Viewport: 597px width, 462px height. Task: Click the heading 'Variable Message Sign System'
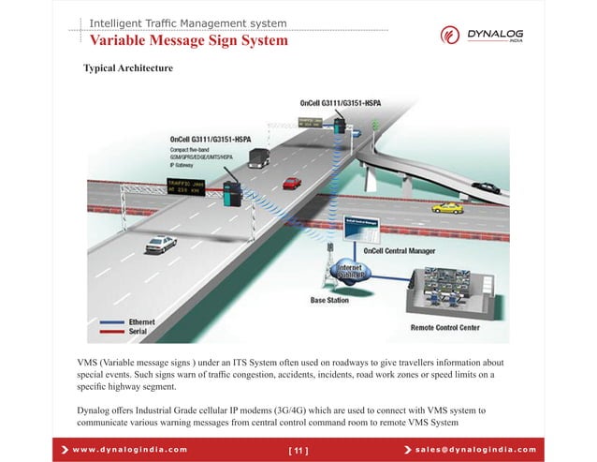point(188,41)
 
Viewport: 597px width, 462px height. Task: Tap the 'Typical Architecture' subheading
point(128,69)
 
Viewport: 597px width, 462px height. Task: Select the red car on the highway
point(292,184)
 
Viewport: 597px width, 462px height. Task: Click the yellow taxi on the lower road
point(448,207)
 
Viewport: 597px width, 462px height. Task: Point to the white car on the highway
point(160,244)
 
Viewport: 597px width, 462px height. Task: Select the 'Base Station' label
point(330,301)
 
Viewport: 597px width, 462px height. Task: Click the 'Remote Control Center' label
point(445,328)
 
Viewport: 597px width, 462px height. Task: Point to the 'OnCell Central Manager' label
point(398,250)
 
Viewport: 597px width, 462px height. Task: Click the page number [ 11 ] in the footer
point(298,450)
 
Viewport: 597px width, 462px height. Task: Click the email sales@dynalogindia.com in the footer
point(478,450)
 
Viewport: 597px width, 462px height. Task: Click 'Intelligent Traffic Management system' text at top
point(188,22)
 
